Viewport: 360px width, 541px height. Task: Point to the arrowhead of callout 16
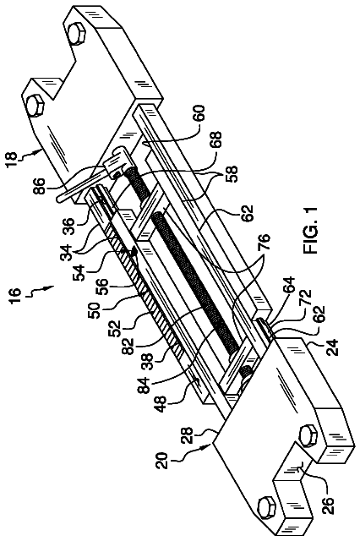(52, 286)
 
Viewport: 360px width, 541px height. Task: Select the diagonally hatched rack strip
(142, 276)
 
